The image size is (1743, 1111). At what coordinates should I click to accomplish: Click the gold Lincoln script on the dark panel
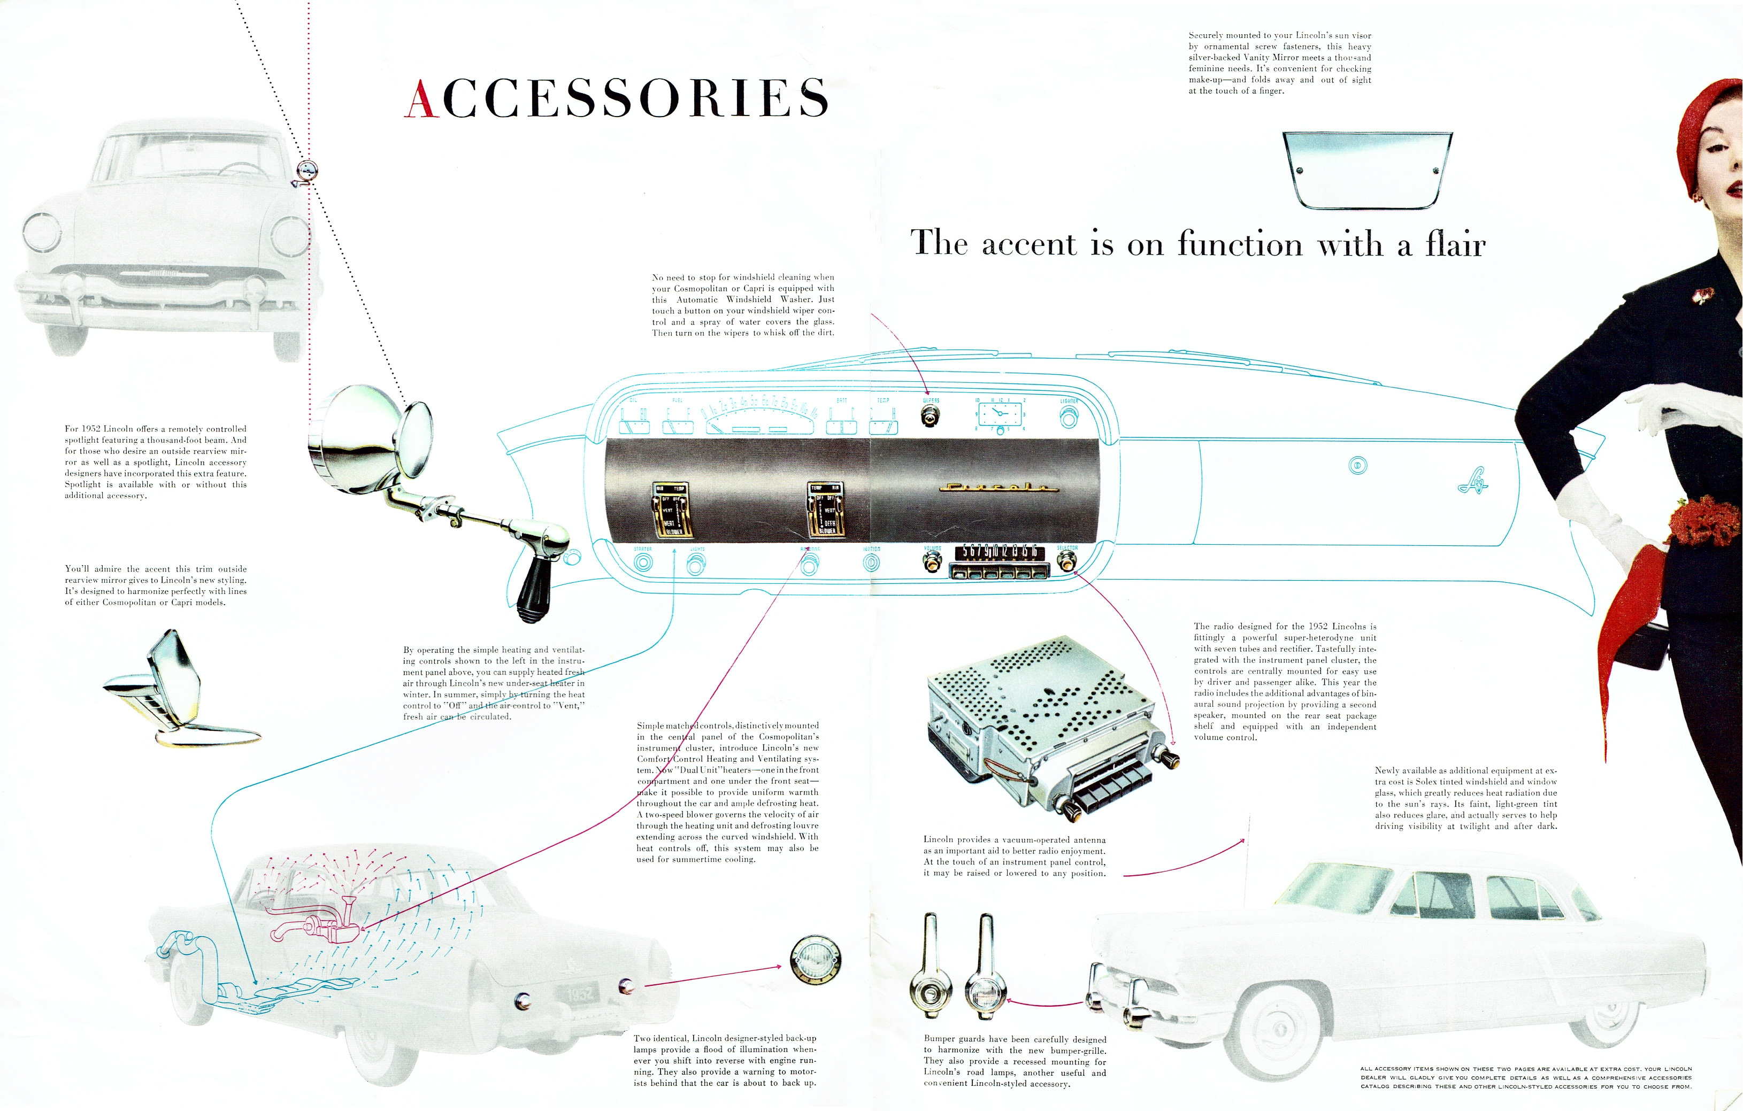click(x=995, y=487)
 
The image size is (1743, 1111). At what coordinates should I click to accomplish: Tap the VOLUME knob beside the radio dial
click(x=932, y=562)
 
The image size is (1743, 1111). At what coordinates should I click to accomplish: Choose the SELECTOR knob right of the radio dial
click(x=1066, y=562)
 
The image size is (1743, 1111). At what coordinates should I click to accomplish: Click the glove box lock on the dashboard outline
click(x=1357, y=465)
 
